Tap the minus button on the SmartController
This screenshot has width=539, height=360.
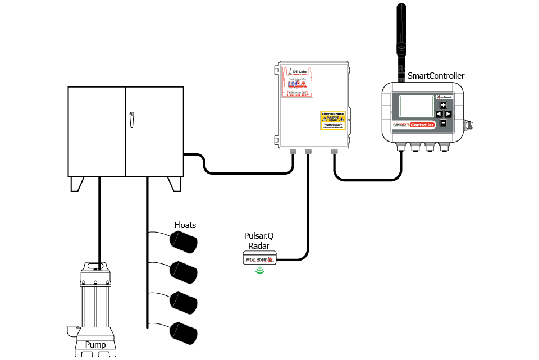click(x=444, y=122)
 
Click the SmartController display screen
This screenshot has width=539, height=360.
click(x=416, y=106)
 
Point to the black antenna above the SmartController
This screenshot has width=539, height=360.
click(x=401, y=34)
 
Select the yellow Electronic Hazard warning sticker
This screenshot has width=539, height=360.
click(x=333, y=120)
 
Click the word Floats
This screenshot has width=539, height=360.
click(x=185, y=225)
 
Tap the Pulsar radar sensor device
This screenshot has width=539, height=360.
click(x=259, y=258)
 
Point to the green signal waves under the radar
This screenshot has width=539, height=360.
click(x=259, y=270)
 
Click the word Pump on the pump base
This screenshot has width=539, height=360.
click(x=95, y=345)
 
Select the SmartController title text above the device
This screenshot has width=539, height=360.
click(x=436, y=76)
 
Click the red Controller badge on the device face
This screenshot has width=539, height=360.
click(x=422, y=125)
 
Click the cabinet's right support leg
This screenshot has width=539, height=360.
click(x=175, y=184)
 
